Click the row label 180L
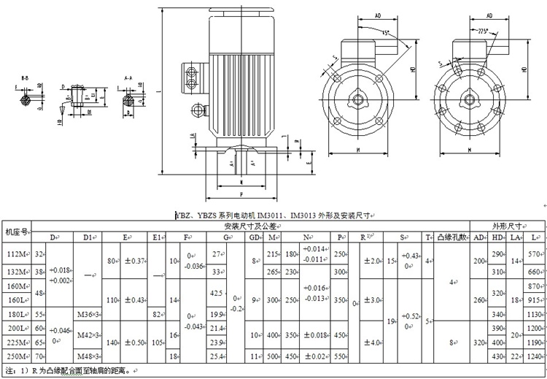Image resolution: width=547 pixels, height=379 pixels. (15, 313)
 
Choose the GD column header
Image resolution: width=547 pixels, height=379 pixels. (255, 237)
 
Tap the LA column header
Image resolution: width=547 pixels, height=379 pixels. (515, 237)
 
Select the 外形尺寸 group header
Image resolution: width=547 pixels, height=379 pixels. (507, 226)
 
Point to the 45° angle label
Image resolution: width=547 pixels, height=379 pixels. (384, 33)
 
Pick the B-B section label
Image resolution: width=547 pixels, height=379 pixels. (25, 76)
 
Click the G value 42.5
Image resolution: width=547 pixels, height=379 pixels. (216, 293)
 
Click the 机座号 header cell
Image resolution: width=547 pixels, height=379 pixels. (16, 231)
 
